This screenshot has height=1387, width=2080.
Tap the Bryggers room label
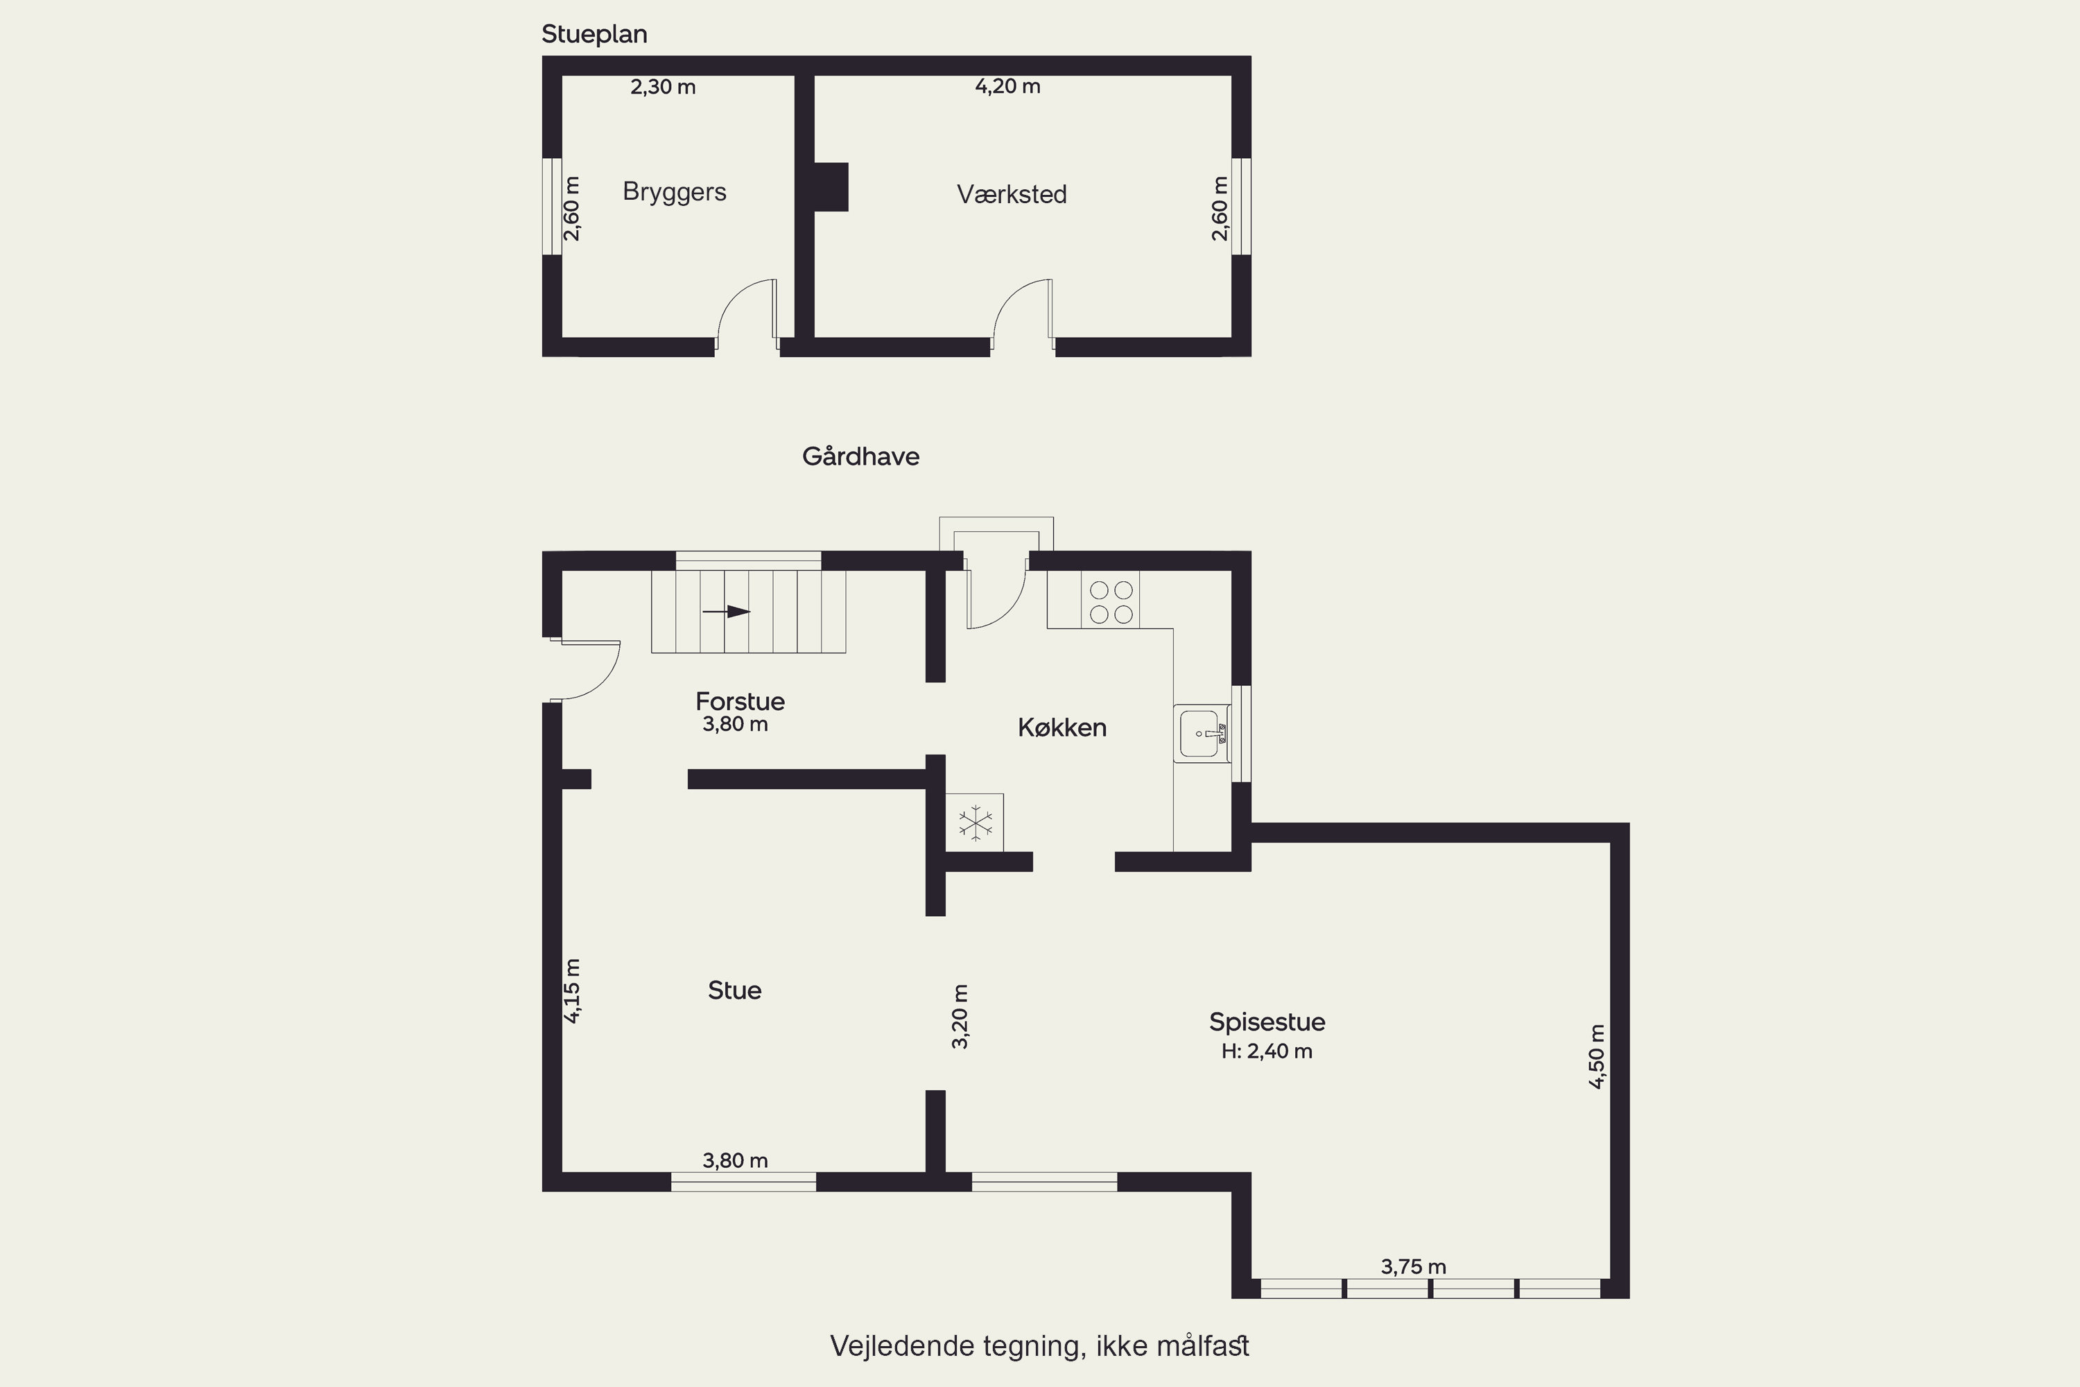(675, 192)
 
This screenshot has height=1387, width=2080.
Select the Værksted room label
(1012, 195)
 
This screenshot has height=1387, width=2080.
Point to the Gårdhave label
(860, 456)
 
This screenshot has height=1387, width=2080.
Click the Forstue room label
(740, 701)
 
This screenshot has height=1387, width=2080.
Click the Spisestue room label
(1267, 1022)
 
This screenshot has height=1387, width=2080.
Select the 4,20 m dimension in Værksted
(1007, 87)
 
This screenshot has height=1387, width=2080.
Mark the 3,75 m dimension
(1413, 1267)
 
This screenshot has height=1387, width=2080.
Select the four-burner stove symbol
(1111, 601)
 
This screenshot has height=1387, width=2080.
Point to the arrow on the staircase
(726, 611)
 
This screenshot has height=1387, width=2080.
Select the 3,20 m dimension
(960, 1017)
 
